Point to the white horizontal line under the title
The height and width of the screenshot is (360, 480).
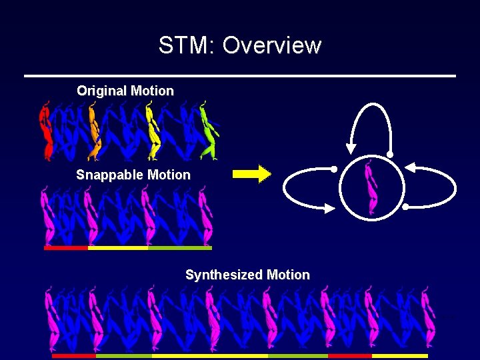coord(240,75)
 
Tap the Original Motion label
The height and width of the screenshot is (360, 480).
coord(125,91)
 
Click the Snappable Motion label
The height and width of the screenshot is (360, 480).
coord(133,175)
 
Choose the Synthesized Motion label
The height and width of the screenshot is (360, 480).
coord(247,275)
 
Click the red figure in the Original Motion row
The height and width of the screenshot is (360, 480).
coord(46,131)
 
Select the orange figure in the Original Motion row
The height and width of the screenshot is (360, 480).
coord(94,131)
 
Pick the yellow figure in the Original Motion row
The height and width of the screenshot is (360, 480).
coord(153,131)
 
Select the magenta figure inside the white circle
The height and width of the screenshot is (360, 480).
coord(371,187)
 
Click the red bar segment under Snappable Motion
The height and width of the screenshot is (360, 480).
coord(65,248)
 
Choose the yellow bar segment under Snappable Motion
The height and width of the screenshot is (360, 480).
coord(117,248)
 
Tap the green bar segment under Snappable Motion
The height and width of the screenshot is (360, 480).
coord(179,248)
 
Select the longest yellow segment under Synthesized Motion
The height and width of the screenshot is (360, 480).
coord(210,356)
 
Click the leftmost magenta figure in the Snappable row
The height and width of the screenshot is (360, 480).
coord(47,217)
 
